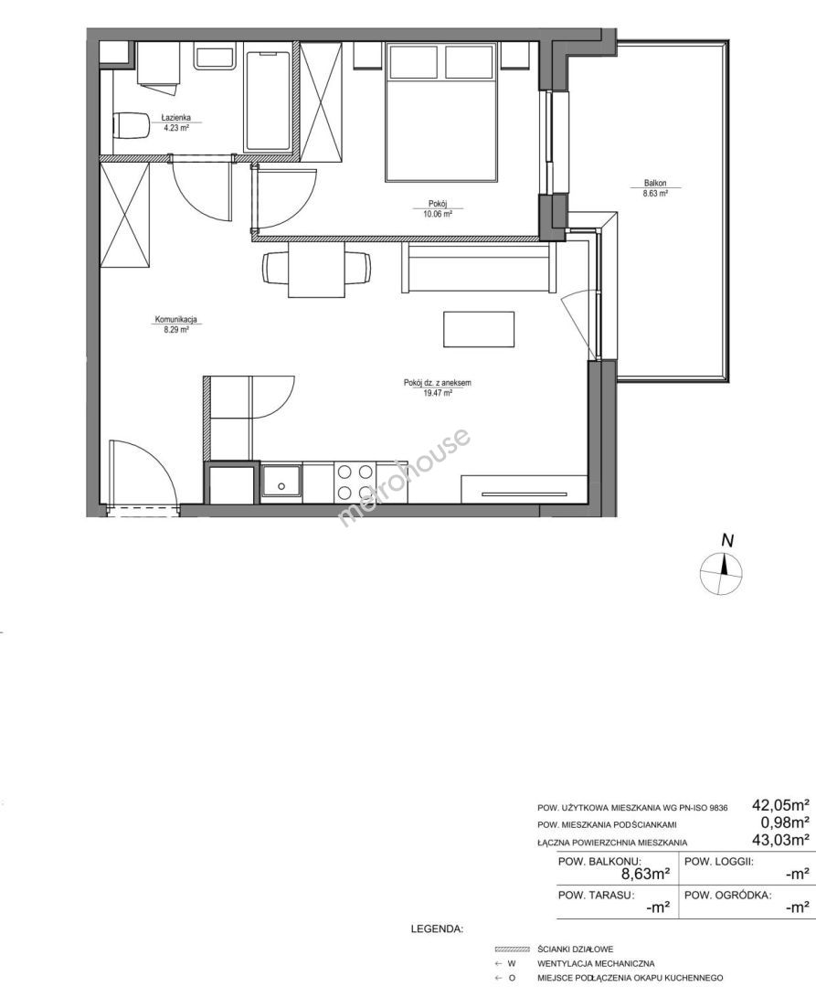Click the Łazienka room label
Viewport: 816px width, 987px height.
(x=175, y=117)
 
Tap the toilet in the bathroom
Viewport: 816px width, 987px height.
(x=130, y=125)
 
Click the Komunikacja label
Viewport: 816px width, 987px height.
(x=176, y=320)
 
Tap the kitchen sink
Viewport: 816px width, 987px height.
(x=281, y=483)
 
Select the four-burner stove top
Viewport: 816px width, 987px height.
(x=355, y=482)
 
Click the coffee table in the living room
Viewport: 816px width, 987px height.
(x=479, y=329)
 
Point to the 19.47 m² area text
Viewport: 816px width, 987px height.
(x=439, y=393)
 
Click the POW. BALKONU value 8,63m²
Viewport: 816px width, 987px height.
(x=645, y=873)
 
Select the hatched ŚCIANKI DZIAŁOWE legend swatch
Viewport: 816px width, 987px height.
(x=514, y=949)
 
